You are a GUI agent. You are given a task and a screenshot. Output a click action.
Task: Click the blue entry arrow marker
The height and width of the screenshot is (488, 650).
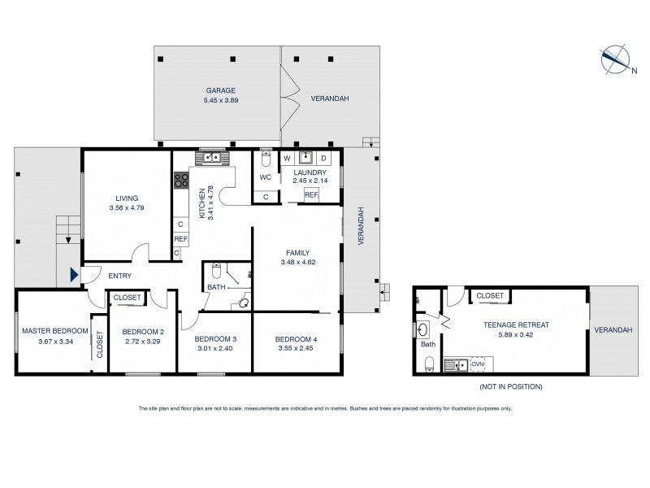pos(75,276)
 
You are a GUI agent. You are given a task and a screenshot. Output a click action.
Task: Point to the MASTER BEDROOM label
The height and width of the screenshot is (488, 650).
pos(55,330)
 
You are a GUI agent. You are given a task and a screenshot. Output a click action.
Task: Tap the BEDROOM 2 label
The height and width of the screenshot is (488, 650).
pos(144,331)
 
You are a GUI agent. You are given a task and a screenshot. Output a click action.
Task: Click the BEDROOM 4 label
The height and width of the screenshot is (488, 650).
pos(297,338)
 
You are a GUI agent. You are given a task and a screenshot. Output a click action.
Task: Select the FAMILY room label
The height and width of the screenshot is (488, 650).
pos(297,252)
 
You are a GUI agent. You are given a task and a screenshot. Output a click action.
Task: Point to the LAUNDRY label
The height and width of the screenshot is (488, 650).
pos(310,172)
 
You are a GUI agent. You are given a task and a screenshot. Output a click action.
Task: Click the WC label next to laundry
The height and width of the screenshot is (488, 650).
pos(265,176)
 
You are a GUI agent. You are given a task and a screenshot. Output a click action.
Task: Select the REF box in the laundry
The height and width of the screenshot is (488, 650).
pos(311,195)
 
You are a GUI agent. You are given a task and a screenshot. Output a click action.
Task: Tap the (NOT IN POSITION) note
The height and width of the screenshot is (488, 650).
pos(511,386)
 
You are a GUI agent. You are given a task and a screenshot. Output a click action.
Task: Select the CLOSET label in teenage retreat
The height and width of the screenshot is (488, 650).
pos(489,296)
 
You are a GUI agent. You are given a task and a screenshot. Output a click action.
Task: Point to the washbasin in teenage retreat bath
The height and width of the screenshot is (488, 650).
pos(423,329)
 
